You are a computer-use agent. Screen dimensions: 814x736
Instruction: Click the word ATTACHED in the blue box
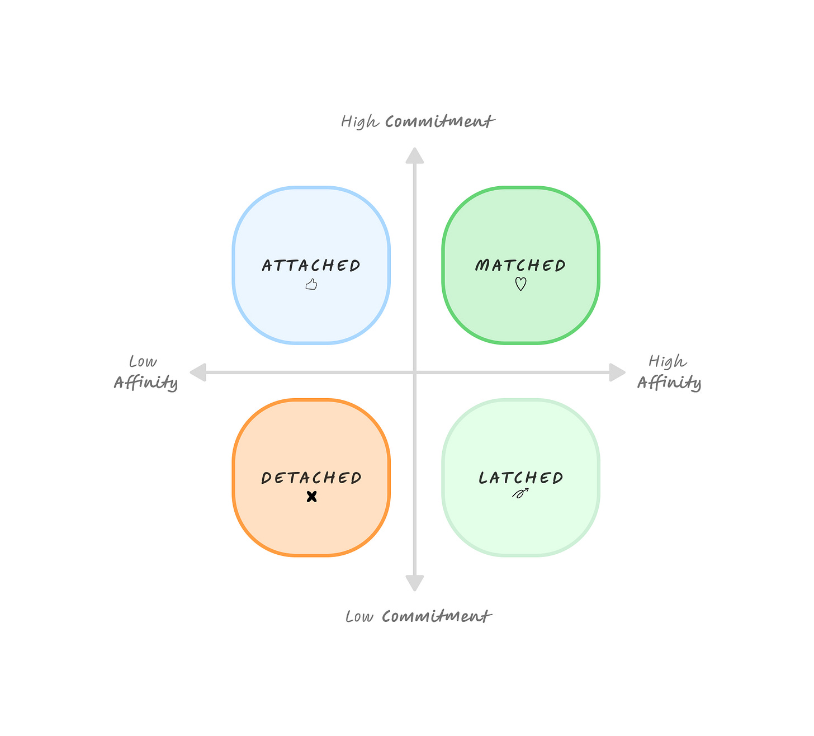pyautogui.click(x=311, y=265)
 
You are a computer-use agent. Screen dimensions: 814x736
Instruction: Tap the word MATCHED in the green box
pyautogui.click(x=520, y=265)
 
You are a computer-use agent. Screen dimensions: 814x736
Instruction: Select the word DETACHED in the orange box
pyautogui.click(x=311, y=478)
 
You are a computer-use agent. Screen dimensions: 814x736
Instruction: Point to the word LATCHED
pyautogui.click(x=520, y=478)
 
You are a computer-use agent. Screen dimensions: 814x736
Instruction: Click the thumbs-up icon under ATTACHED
pyautogui.click(x=311, y=285)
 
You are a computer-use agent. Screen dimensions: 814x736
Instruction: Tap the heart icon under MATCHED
pyautogui.click(x=520, y=284)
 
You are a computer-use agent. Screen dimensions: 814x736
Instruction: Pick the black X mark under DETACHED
pyautogui.click(x=312, y=496)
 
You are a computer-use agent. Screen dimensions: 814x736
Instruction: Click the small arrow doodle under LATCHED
pyautogui.click(x=520, y=493)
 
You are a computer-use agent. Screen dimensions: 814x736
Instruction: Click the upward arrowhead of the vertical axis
pyautogui.click(x=414, y=155)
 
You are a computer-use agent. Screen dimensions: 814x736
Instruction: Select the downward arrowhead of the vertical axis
pyautogui.click(x=414, y=583)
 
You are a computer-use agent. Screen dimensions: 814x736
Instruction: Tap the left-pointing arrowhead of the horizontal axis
pyautogui.click(x=198, y=372)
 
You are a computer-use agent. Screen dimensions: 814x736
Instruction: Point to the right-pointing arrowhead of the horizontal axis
pyautogui.click(x=617, y=372)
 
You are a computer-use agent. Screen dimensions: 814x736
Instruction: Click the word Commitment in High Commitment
pyautogui.click(x=439, y=121)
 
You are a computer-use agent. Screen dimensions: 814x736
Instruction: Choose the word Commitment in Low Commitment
pyautogui.click(x=436, y=616)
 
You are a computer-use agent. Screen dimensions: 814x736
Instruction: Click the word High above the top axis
pyautogui.click(x=359, y=121)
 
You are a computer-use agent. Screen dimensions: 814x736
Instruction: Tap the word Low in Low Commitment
pyautogui.click(x=359, y=616)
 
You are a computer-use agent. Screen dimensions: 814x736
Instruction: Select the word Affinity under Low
pyautogui.click(x=146, y=383)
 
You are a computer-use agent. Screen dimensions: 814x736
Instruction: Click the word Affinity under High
pyautogui.click(x=669, y=383)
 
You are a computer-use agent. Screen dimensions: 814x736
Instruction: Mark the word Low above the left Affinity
pyautogui.click(x=143, y=361)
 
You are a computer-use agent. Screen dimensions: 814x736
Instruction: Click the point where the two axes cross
pyautogui.click(x=414, y=372)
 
